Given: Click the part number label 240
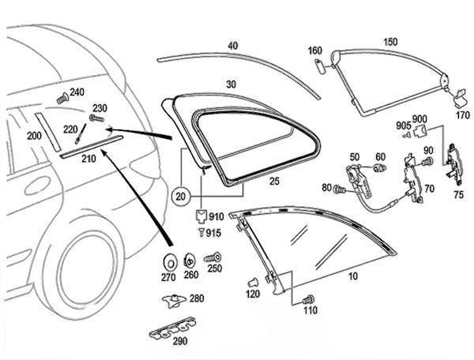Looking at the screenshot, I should coord(77,92).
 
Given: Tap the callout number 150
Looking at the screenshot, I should coord(390,42).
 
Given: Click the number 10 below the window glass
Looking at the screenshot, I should coord(352,277).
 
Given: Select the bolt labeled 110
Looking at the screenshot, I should coord(308,298).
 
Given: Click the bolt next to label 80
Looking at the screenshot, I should coord(340,189).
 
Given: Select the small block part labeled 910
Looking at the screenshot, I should coord(201,215).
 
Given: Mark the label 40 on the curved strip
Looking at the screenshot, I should coord(232,46).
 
